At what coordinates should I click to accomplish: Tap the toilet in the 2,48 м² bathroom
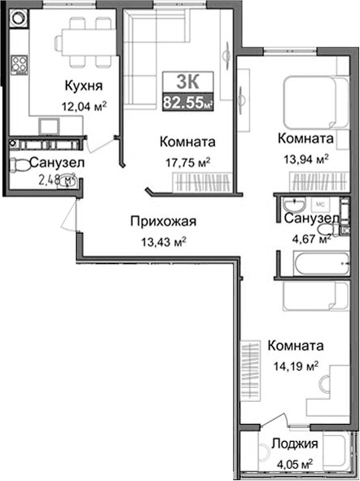coord(20,165)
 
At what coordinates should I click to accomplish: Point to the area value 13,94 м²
coord(304,158)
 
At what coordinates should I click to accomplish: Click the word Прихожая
coord(164,220)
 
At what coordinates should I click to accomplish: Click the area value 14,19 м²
coord(292,365)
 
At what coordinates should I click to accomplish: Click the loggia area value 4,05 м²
coord(296,464)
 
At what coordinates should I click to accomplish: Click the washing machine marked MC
coord(320,204)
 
